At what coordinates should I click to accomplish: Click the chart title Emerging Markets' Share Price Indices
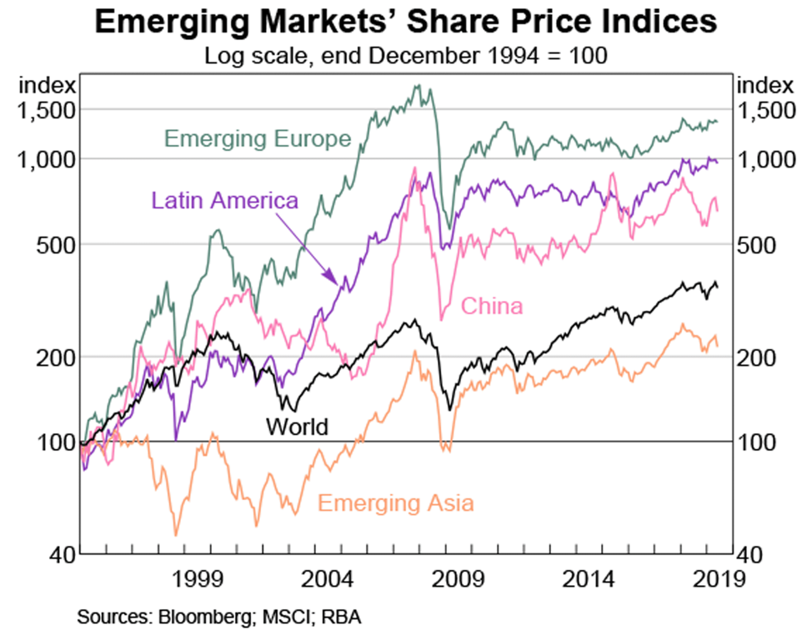tap(406, 22)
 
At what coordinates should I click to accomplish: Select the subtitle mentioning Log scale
tap(406, 57)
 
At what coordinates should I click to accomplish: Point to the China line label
tap(492, 307)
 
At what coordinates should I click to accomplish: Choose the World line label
tap(297, 427)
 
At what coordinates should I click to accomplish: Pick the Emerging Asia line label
tap(396, 503)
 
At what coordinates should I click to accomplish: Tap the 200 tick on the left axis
tap(57, 357)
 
